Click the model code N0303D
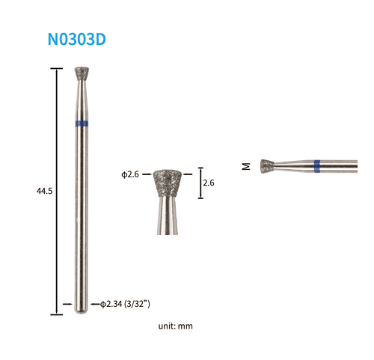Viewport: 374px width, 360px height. pyautogui.click(x=77, y=39)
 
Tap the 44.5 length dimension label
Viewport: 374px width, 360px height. pyautogui.click(x=45, y=191)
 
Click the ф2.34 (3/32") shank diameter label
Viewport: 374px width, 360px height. pyautogui.click(x=125, y=304)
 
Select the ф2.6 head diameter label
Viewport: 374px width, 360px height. pyautogui.click(x=130, y=174)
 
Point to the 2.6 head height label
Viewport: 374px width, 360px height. pyautogui.click(x=209, y=183)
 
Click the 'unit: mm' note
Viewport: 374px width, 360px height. pyautogui.click(x=176, y=326)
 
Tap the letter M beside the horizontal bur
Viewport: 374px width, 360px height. pyautogui.click(x=246, y=166)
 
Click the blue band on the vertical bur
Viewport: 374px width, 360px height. pyautogui.click(x=82, y=123)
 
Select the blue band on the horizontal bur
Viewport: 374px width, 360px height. pyautogui.click(x=317, y=166)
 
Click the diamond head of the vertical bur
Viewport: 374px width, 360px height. pyautogui.click(x=82, y=74)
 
